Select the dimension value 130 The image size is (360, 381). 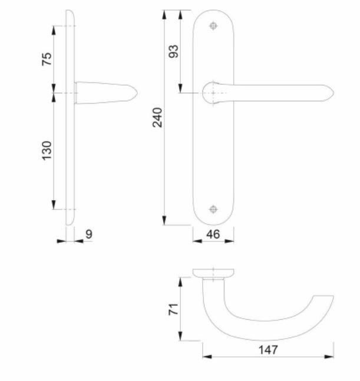coord(47,150)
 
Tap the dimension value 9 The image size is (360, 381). coord(88,234)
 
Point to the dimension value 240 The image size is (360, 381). coord(157,118)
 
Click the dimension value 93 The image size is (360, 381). coord(173,51)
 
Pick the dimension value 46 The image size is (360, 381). coord(213,234)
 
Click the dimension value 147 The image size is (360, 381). coord(267,349)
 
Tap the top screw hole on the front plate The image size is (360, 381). coord(213,26)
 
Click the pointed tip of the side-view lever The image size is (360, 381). coord(138,92)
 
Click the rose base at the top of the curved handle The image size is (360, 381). coord(213,273)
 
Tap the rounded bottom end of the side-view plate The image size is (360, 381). coord(71,222)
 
